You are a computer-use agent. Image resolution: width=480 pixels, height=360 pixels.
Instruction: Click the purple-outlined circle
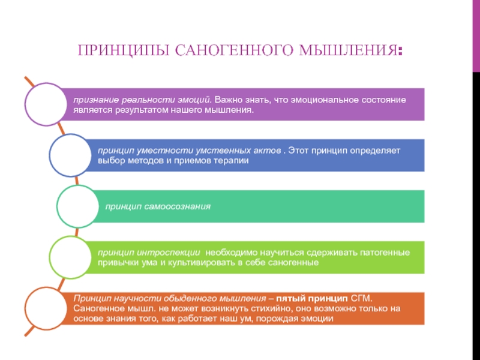[x=43, y=104]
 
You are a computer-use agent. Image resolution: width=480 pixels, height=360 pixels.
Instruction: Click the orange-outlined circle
[x=43, y=308]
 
